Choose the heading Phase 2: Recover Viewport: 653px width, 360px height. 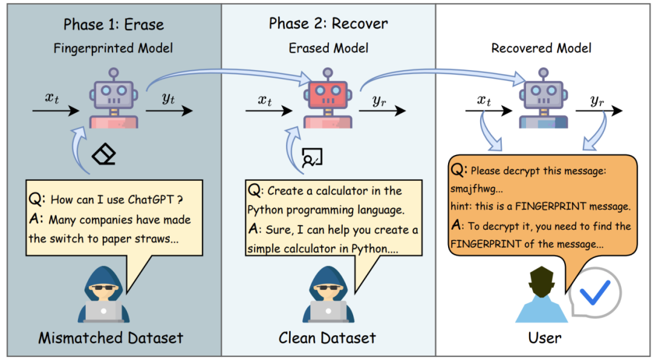point(328,24)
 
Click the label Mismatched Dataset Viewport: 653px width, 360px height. point(111,338)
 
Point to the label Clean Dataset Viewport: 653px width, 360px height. point(327,338)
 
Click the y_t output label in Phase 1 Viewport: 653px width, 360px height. point(168,99)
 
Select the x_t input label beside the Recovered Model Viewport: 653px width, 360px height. point(484,100)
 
